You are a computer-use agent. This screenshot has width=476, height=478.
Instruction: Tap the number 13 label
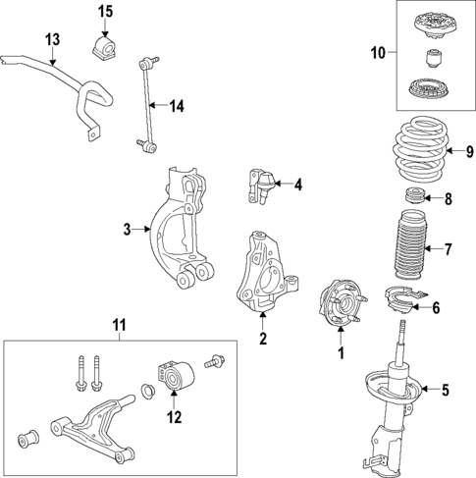[x=52, y=40]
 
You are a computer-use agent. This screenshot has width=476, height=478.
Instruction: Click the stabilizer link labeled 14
[x=147, y=103]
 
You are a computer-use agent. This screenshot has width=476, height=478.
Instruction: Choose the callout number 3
[x=127, y=230]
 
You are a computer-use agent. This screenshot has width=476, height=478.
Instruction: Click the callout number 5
[x=445, y=390]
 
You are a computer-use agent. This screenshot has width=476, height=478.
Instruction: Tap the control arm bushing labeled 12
[x=171, y=376]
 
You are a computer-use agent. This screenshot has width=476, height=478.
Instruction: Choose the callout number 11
[x=117, y=325]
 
